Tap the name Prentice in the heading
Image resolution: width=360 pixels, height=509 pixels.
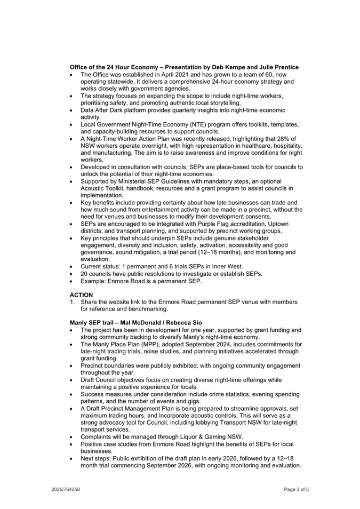(x=283, y=67)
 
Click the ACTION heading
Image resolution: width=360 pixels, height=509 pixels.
(x=81, y=295)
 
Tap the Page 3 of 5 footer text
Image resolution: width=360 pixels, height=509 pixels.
(x=296, y=489)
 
